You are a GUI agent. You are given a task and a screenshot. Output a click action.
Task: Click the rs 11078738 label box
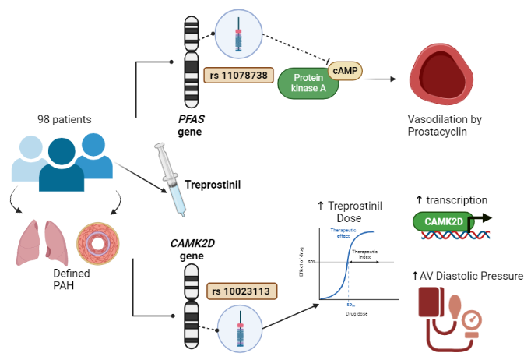coord(237,76)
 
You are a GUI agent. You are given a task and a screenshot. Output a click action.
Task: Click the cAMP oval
coord(345,71)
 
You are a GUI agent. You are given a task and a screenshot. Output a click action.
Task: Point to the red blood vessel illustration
coord(442,78)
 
